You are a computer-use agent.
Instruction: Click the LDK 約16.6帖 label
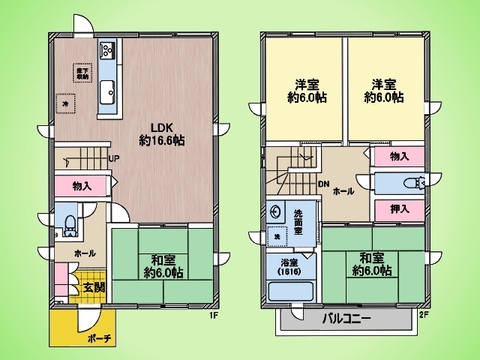tap(160, 134)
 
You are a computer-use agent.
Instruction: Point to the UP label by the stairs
tap(114, 160)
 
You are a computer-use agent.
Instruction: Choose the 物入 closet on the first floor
tap(82, 186)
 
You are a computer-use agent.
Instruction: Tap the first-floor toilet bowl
tap(69, 223)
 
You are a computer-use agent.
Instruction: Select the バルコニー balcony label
tap(346, 320)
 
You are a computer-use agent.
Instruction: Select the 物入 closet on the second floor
tap(397, 157)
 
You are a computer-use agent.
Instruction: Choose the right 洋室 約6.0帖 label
tap(384, 91)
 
